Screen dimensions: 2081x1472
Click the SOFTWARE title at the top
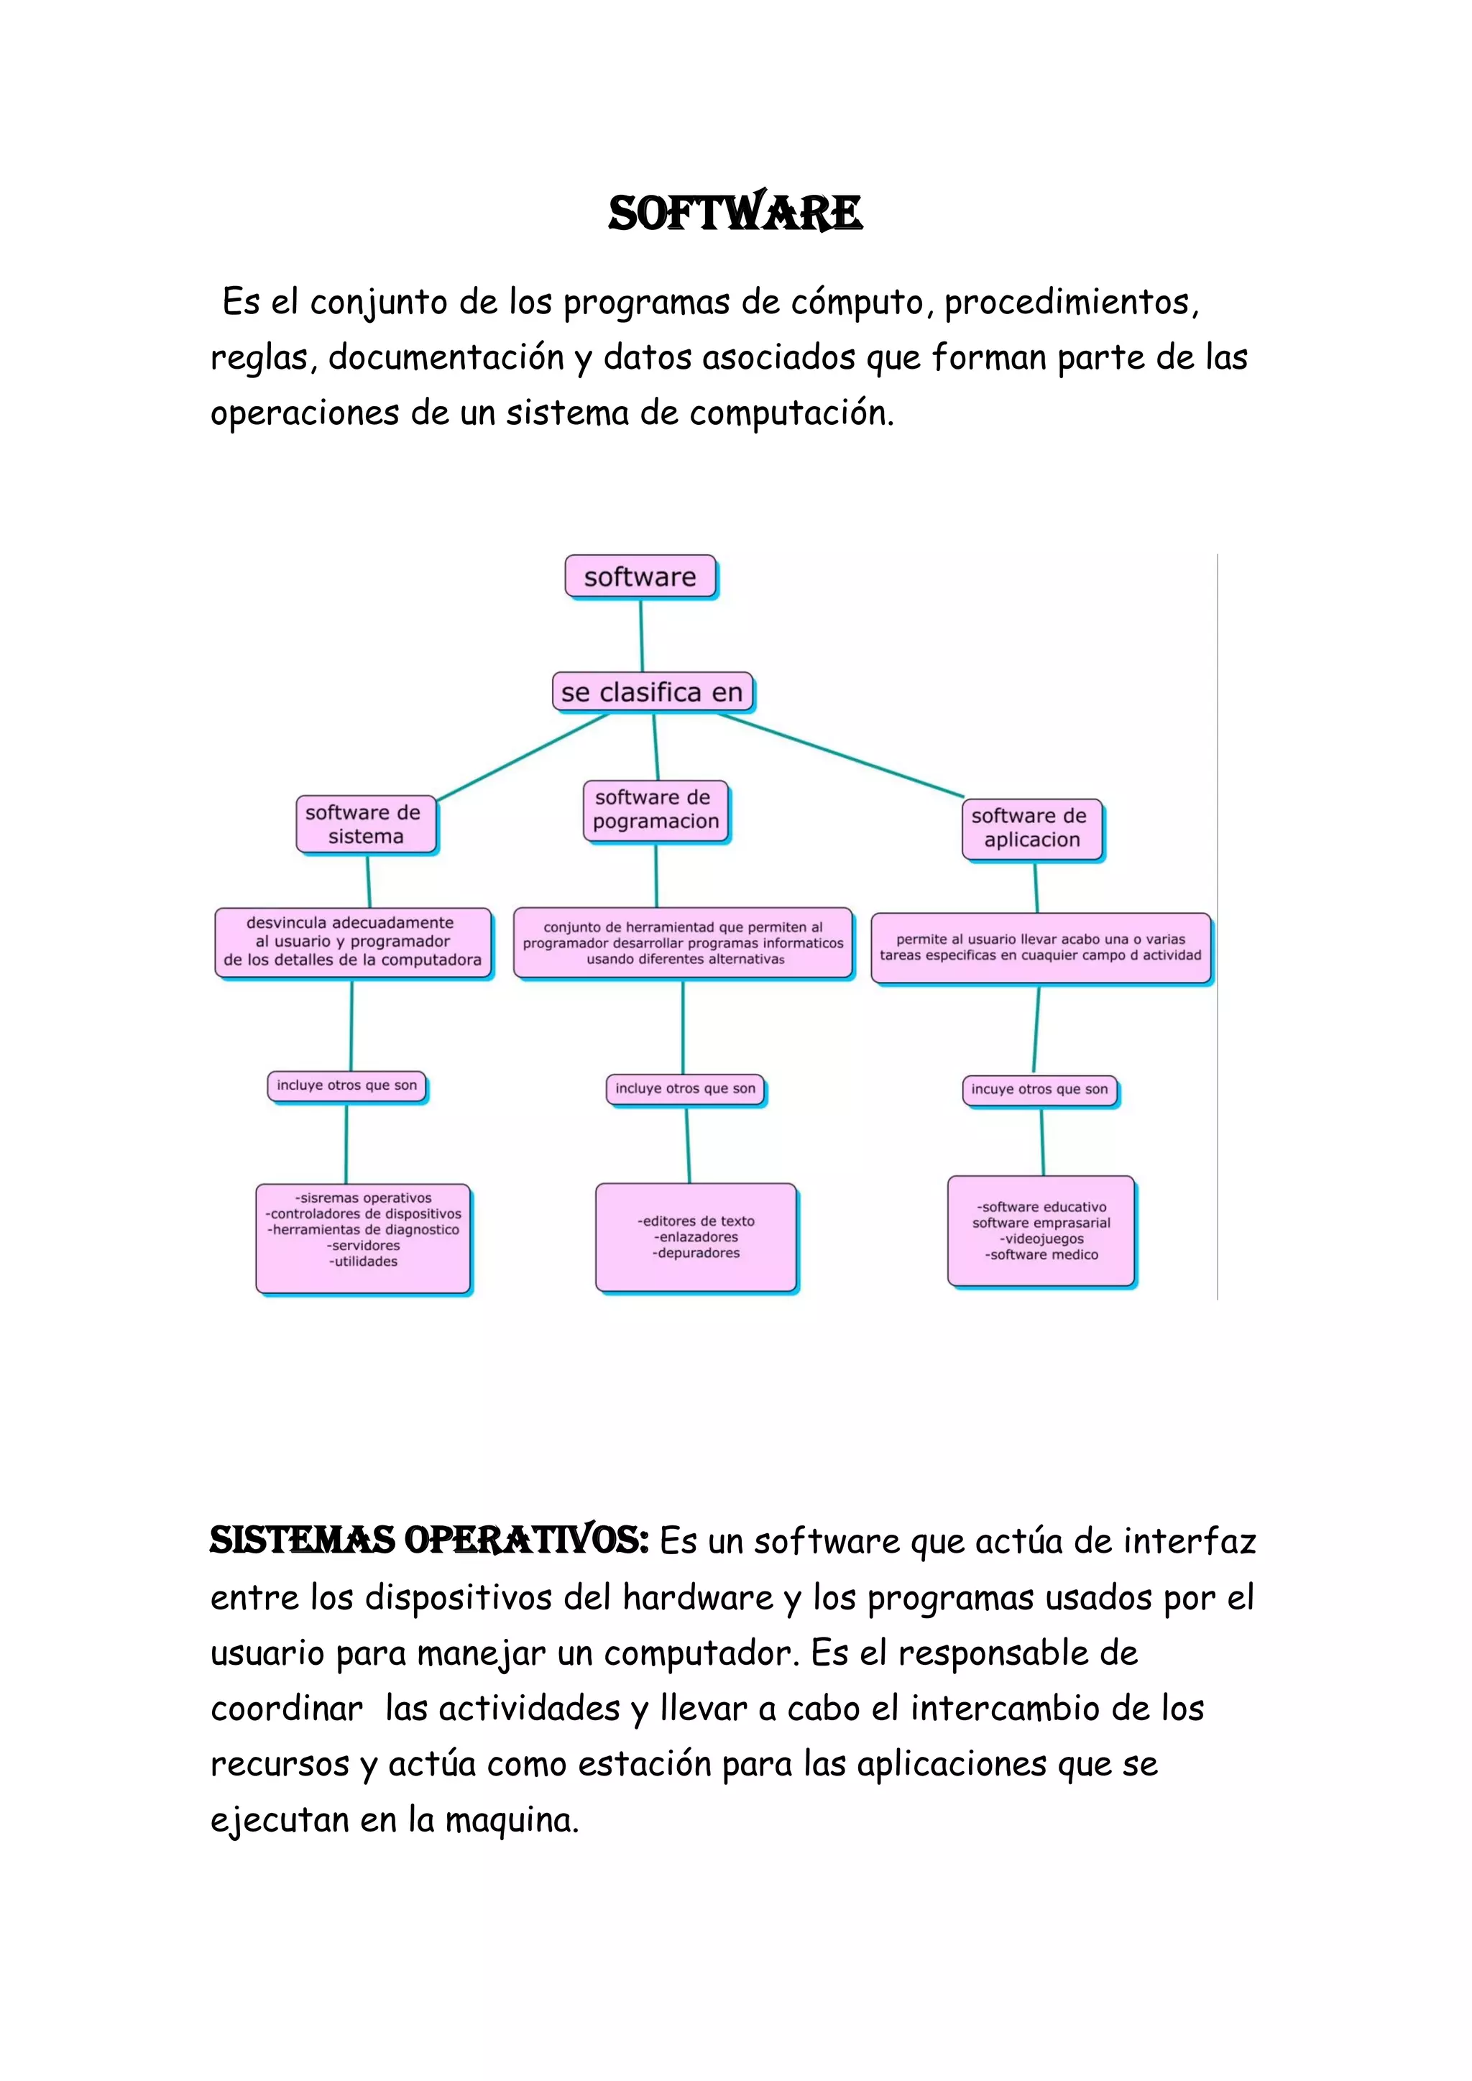735,214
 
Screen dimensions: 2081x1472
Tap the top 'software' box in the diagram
640,577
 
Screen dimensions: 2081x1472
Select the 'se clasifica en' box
652,692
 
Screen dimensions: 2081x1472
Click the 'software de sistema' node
365,824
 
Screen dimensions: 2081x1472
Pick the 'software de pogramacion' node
655,810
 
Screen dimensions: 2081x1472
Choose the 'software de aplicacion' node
1031,828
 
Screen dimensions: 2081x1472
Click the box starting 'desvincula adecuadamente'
353,942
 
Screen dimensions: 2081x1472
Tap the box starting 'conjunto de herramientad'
684,942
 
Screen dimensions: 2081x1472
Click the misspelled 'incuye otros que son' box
1039,1090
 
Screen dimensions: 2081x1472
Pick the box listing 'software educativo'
1041,1231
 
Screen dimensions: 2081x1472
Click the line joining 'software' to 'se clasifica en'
642,636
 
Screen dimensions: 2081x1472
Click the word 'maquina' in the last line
511,1819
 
